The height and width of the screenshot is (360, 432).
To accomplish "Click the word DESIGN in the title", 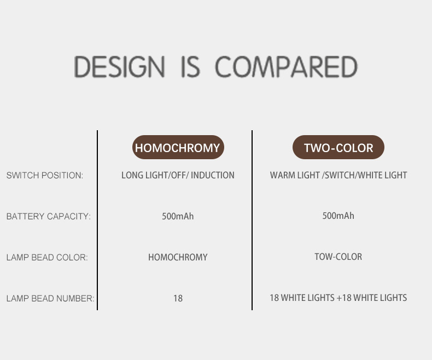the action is (119, 66).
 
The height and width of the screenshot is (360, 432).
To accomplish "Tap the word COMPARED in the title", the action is (286, 66).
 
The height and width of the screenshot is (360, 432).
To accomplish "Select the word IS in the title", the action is (190, 66).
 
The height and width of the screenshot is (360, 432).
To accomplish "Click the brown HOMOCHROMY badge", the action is (178, 147).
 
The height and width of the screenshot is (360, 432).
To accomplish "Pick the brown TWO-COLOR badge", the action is (338, 147).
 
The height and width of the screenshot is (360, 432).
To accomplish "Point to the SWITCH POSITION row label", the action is (45, 175).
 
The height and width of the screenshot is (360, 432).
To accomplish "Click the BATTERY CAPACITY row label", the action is (49, 217).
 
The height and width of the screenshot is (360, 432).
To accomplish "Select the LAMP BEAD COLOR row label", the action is (47, 258).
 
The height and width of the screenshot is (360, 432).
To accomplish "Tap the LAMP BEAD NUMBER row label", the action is (50, 298).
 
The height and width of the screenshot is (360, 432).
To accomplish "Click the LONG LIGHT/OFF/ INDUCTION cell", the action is (178, 175).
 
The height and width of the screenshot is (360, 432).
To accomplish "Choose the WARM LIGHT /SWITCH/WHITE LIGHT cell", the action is (338, 175).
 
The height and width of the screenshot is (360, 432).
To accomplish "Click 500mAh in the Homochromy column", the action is (178, 217).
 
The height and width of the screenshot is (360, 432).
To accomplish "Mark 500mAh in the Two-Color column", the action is (338, 216).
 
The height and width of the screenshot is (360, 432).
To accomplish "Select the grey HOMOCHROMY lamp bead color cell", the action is (178, 257).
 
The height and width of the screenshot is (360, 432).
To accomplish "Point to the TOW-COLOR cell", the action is (338, 257).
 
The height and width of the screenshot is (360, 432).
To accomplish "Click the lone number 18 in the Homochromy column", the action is (178, 298).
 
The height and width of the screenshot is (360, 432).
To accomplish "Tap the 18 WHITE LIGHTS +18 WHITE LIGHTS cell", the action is (338, 298).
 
